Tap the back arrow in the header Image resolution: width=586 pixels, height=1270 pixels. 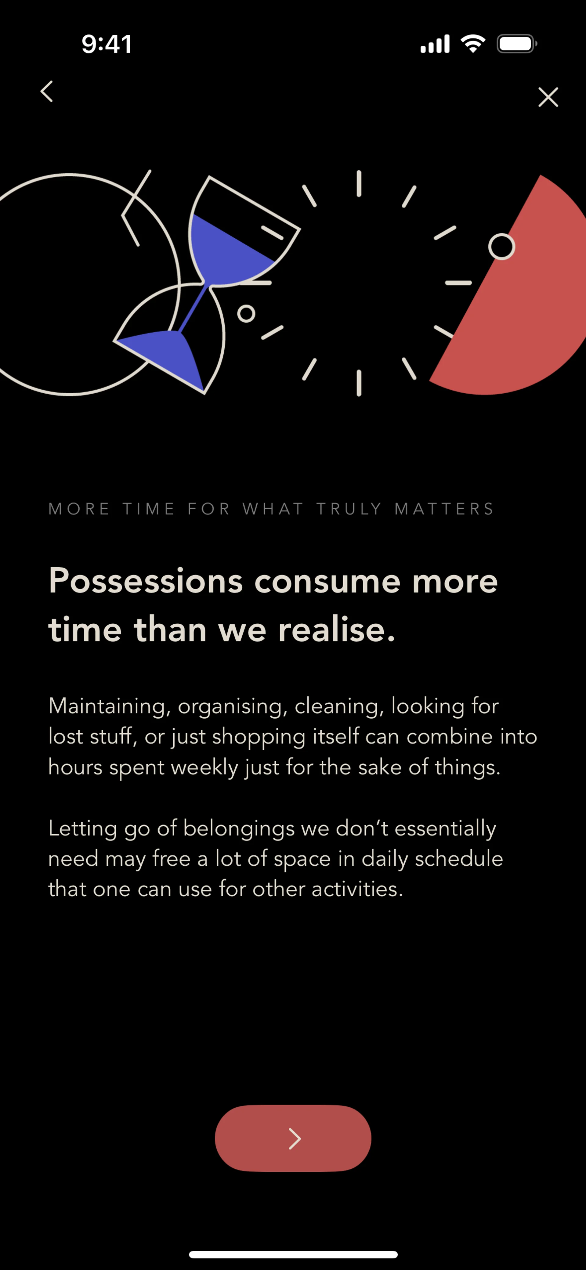(x=47, y=91)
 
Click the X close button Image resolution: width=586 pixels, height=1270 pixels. (x=548, y=97)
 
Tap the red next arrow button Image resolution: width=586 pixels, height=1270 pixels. (x=293, y=1138)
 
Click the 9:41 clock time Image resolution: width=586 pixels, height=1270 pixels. (x=107, y=44)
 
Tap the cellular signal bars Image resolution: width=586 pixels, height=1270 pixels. (x=435, y=44)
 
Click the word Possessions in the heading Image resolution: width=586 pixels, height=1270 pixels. (x=146, y=581)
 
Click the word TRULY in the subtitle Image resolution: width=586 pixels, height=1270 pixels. (x=349, y=509)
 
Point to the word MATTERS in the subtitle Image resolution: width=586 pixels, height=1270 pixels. (x=444, y=509)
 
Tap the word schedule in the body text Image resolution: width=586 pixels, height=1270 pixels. (x=459, y=858)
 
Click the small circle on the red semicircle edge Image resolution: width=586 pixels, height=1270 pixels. (x=502, y=247)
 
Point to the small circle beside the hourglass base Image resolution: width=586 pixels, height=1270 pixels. (x=246, y=314)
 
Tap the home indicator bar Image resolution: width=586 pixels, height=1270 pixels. (x=293, y=1254)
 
